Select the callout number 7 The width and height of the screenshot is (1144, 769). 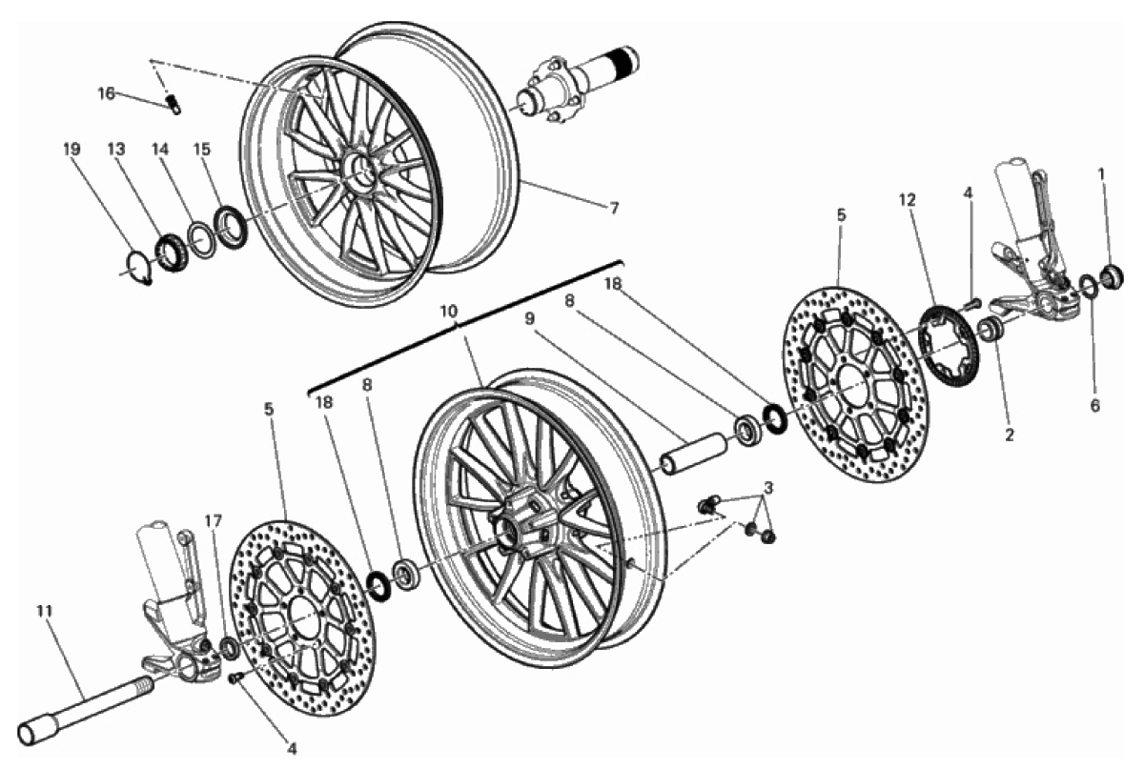point(614,209)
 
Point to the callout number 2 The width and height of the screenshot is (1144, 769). point(1009,435)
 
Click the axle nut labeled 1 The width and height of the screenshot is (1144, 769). point(1110,277)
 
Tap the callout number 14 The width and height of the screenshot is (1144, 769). point(158,150)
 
